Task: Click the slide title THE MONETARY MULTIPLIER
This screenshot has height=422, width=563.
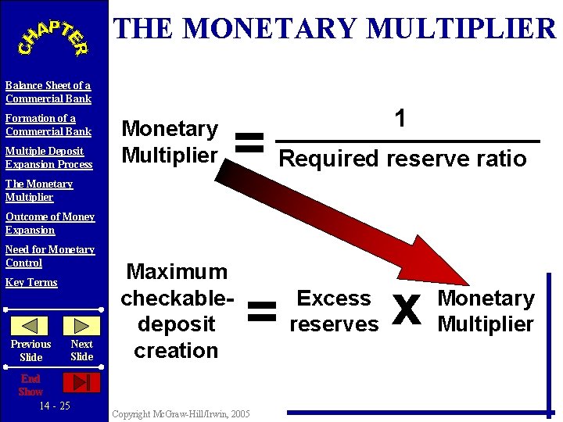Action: (x=335, y=29)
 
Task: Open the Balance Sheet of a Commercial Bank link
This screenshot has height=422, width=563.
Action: (x=48, y=92)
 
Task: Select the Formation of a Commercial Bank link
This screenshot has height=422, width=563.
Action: (x=48, y=125)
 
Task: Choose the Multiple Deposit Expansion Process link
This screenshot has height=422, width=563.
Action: (x=48, y=158)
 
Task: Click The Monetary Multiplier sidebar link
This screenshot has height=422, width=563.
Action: (x=39, y=191)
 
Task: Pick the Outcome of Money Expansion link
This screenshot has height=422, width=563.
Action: (x=50, y=224)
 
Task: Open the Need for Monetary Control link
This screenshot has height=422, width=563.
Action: (x=50, y=256)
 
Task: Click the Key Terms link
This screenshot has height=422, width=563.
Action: (x=31, y=282)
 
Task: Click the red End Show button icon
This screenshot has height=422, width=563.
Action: (x=81, y=382)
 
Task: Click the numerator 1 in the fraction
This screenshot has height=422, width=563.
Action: (x=400, y=119)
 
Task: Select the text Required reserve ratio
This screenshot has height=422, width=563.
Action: (x=403, y=159)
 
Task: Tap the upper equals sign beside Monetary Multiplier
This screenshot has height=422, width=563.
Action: (x=249, y=142)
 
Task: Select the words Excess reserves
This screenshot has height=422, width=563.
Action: (x=334, y=311)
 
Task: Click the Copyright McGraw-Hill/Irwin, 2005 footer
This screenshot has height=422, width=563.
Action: (x=181, y=413)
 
